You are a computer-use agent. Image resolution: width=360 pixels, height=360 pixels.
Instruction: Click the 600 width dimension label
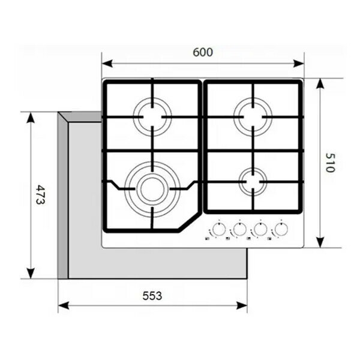click(x=203, y=52)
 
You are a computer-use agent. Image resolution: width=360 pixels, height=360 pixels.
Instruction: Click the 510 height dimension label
click(x=328, y=162)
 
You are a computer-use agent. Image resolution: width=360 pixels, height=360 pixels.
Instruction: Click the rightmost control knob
click(x=280, y=229)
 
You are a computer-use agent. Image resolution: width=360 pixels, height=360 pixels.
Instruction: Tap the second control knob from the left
click(x=239, y=229)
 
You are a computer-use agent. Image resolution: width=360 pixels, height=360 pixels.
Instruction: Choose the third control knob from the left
click(x=260, y=229)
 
